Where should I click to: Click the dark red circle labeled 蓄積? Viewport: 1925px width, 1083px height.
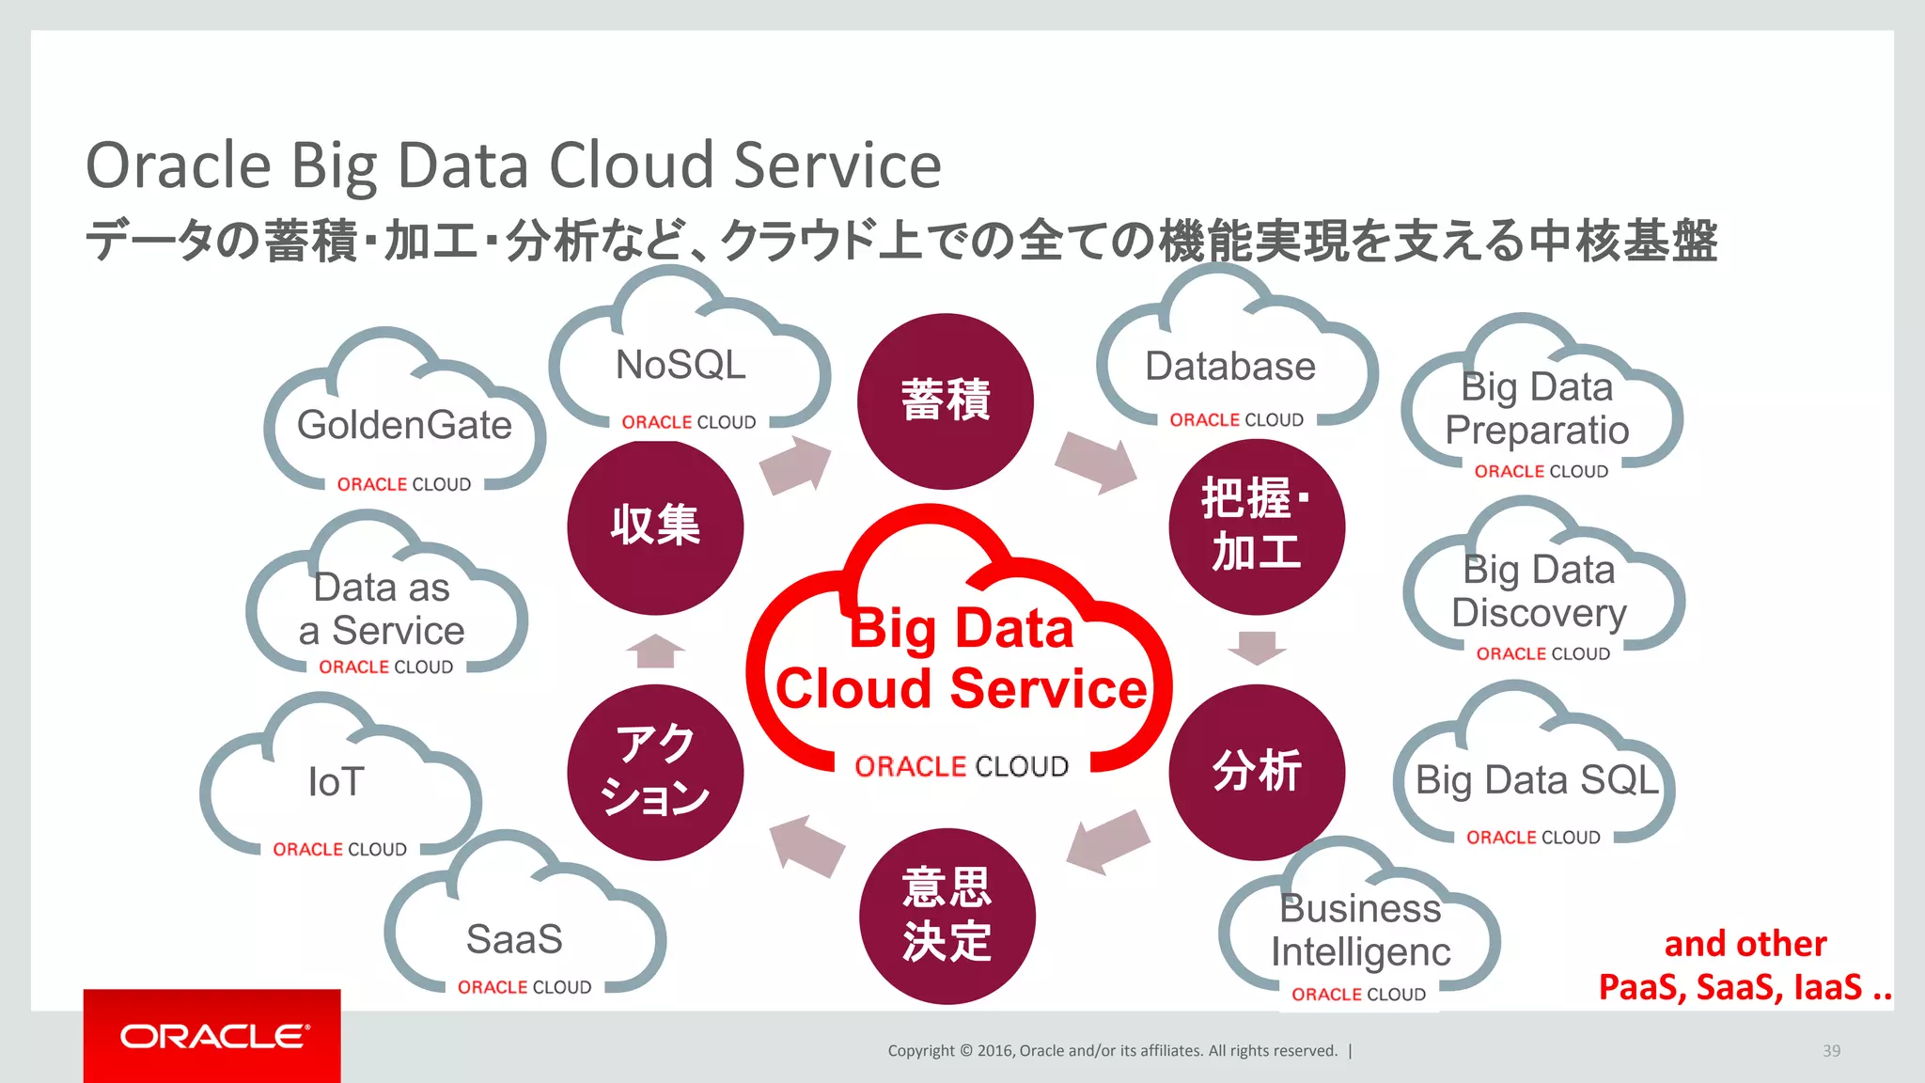[x=945, y=401]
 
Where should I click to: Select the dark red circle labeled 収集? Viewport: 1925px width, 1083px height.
[x=655, y=526]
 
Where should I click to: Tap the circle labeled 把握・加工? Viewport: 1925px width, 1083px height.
[x=1257, y=526]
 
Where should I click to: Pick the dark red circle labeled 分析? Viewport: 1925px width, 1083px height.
[x=1257, y=772]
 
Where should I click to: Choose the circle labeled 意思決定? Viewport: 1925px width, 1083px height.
[x=947, y=916]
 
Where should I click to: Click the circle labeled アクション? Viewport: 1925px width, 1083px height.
[x=655, y=772]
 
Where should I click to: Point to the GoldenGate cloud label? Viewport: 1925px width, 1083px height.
[x=404, y=425]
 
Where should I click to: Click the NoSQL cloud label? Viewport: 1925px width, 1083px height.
[x=681, y=365]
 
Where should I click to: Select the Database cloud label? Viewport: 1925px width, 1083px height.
[x=1229, y=367]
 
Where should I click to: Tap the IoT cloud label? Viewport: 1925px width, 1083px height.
[x=336, y=782]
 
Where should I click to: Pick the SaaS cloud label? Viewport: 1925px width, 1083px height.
[x=514, y=939]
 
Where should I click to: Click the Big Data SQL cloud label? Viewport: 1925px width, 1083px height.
[x=1537, y=780]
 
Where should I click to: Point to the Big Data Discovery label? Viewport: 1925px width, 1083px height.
[x=1539, y=591]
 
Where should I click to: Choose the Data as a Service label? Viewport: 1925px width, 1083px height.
[x=382, y=609]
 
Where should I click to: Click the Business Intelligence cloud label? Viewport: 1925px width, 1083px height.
[x=1360, y=930]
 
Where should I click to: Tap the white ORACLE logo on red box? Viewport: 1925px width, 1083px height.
[x=213, y=1036]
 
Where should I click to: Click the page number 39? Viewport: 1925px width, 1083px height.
[x=1831, y=1051]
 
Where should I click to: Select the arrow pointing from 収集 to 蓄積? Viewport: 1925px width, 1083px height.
[x=795, y=464]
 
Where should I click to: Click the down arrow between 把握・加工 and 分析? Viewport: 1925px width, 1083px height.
[x=1257, y=648]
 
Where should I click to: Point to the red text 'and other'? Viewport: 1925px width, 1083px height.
[x=1745, y=944]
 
